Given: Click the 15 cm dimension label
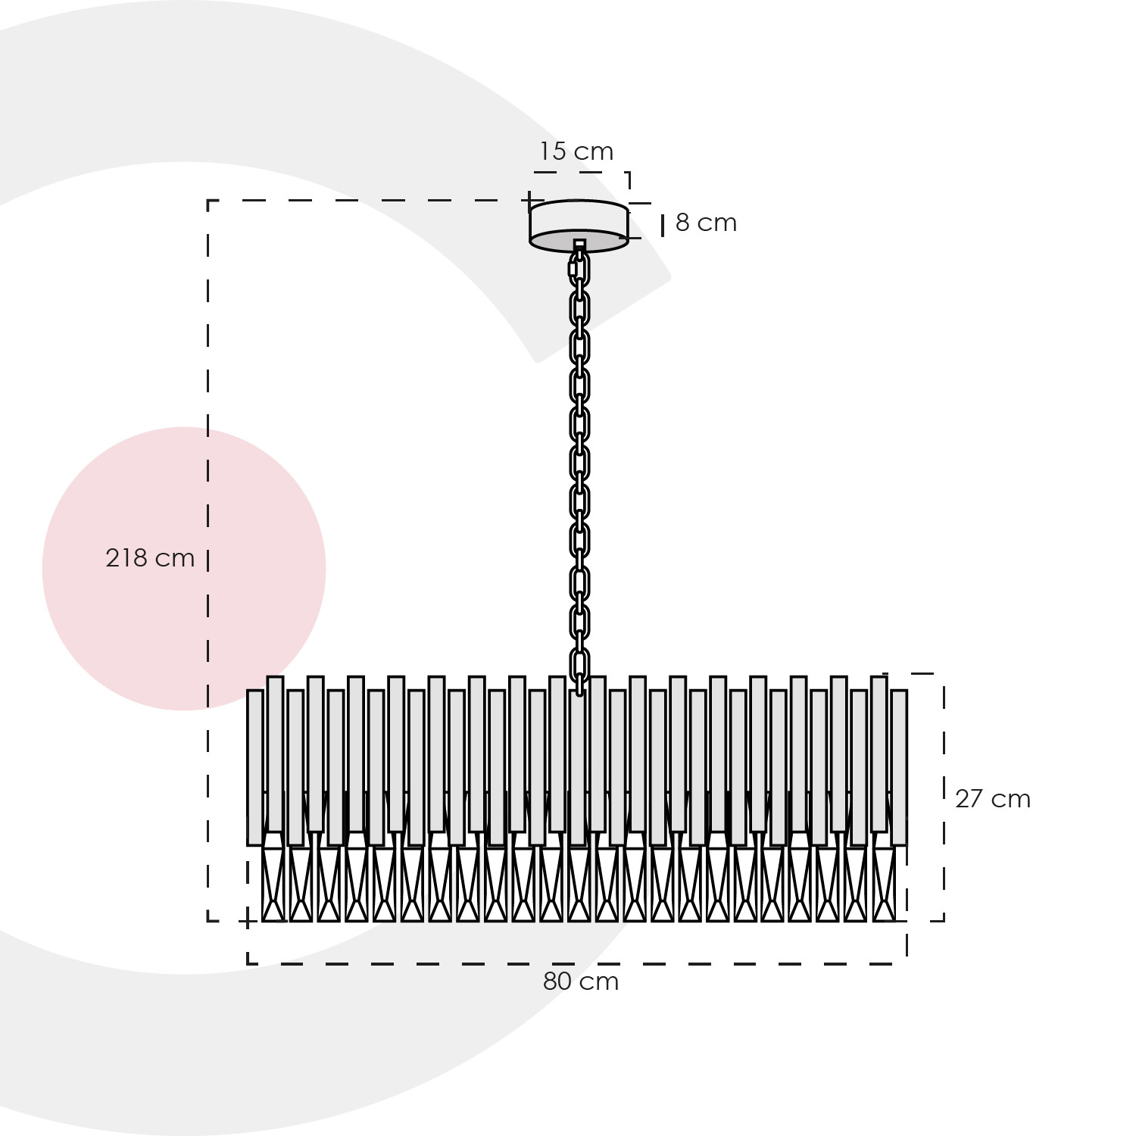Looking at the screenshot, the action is [576, 151].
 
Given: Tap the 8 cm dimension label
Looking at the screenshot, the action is [706, 223].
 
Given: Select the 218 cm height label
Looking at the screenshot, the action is [150, 558].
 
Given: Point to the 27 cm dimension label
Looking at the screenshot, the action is [992, 799].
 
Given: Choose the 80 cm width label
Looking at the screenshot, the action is [581, 982].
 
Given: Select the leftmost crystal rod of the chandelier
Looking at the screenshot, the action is [255, 767].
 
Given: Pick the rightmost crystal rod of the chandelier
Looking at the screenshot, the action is [899, 767].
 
